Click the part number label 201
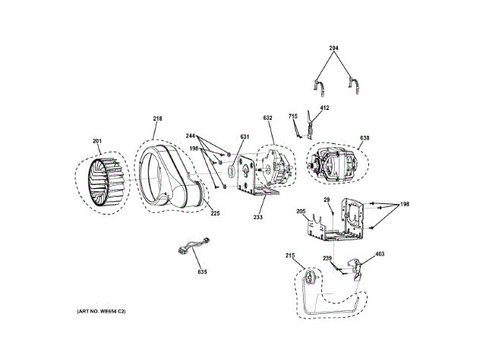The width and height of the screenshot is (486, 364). [x=96, y=140]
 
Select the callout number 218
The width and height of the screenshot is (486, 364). [x=157, y=118]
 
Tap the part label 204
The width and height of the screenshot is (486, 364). [x=333, y=49]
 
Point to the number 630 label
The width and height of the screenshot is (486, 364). [x=364, y=138]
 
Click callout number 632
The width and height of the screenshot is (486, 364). [x=267, y=118]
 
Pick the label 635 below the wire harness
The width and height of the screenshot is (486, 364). [x=202, y=271]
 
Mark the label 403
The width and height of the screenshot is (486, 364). [x=380, y=256]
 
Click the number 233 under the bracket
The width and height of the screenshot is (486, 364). [x=257, y=217]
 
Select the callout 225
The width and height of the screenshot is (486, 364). [x=215, y=213]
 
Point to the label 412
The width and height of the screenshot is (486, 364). [x=324, y=108]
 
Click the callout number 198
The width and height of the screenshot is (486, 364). [x=404, y=205]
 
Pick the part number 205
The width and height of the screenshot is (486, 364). [x=300, y=212]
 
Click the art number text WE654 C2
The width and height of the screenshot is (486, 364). [x=104, y=312]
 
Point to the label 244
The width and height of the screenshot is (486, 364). [x=191, y=136]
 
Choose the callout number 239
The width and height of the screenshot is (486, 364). [x=327, y=259]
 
